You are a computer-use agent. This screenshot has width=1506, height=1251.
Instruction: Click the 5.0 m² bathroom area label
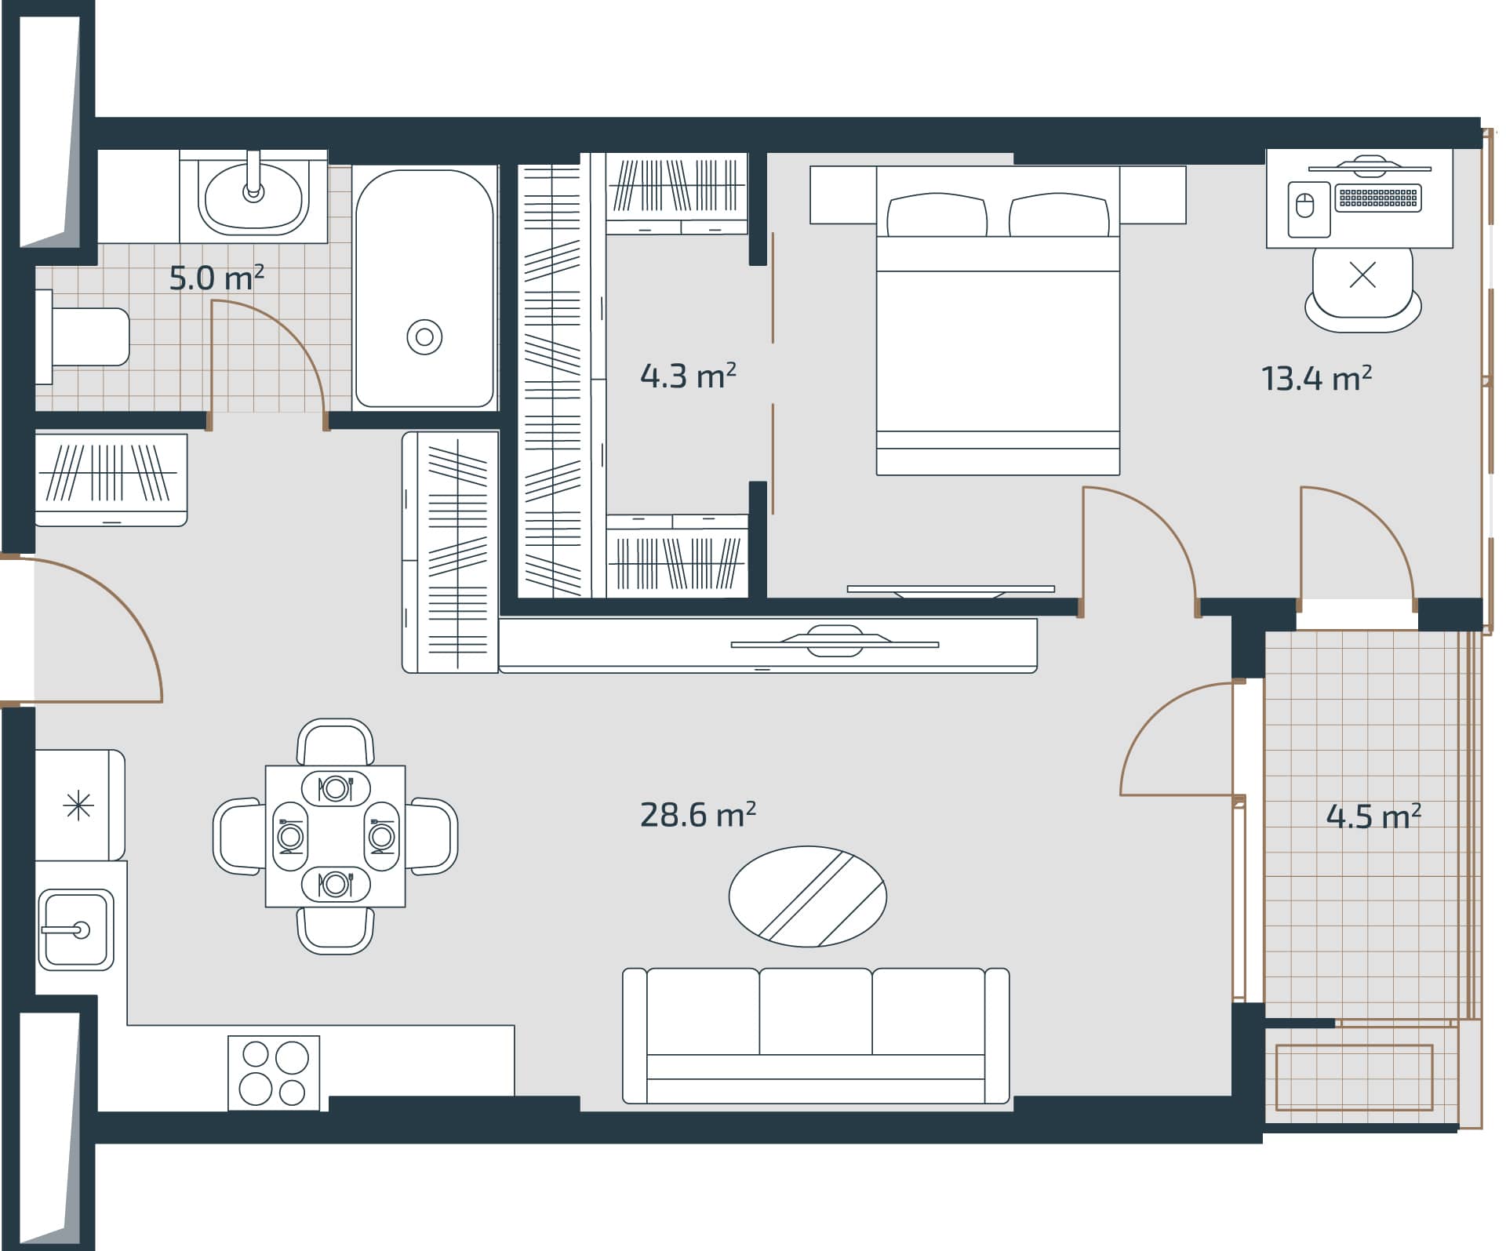pyautogui.click(x=216, y=278)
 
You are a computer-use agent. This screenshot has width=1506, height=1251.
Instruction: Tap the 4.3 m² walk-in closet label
pyautogui.click(x=687, y=376)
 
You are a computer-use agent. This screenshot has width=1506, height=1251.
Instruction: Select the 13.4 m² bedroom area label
pyautogui.click(x=1315, y=379)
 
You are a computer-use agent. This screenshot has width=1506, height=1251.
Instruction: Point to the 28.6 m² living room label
pyautogui.click(x=697, y=815)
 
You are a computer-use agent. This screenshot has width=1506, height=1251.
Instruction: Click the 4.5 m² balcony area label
pyautogui.click(x=1373, y=816)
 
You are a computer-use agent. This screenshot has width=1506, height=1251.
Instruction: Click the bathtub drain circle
pyautogui.click(x=424, y=337)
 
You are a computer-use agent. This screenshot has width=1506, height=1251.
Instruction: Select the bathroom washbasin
pyautogui.click(x=253, y=196)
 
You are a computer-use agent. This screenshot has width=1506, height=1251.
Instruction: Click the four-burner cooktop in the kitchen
pyautogui.click(x=274, y=1073)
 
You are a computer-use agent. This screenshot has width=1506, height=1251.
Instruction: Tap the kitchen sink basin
pyautogui.click(x=75, y=930)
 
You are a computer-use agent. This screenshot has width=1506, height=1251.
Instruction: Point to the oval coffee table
pyautogui.click(x=807, y=896)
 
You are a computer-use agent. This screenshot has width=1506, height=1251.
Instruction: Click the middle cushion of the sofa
pyautogui.click(x=815, y=1012)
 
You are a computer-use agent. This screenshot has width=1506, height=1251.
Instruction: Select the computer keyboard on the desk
pyautogui.click(x=1378, y=197)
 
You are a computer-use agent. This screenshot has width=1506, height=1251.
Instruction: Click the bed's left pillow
pyautogui.click(x=937, y=215)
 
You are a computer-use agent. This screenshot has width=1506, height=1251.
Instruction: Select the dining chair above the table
pyautogui.click(x=336, y=741)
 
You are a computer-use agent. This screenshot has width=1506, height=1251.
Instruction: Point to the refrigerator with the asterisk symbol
pyautogui.click(x=79, y=806)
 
